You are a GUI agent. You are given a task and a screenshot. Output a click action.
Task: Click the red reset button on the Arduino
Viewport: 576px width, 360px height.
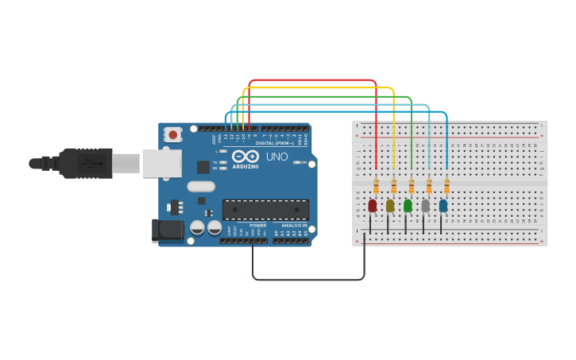tap(173, 135)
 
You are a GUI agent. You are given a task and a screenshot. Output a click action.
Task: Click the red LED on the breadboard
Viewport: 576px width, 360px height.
tap(373, 206)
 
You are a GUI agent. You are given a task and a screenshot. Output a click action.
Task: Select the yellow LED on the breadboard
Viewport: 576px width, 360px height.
tap(390, 206)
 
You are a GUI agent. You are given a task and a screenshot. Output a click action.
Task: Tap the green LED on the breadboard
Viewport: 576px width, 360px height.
tap(408, 206)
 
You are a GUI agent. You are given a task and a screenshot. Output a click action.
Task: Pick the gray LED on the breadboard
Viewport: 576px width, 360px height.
tap(425, 206)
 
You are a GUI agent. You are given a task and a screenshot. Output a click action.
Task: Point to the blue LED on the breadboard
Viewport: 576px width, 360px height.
tap(443, 206)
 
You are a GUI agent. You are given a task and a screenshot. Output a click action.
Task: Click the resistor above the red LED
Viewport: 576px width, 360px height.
tap(376, 187)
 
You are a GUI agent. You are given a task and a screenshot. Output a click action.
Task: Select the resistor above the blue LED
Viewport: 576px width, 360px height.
tap(446, 187)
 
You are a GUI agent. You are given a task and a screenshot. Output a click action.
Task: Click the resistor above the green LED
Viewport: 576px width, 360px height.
tap(412, 187)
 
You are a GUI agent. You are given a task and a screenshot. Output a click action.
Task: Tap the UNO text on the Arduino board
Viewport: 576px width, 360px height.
tap(277, 157)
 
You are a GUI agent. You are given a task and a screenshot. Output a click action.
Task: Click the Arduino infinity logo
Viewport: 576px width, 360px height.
tap(245, 156)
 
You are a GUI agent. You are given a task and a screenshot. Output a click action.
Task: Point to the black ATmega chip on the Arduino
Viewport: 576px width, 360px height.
tap(265, 209)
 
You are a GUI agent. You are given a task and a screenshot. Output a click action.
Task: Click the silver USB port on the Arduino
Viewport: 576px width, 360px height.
tap(162, 163)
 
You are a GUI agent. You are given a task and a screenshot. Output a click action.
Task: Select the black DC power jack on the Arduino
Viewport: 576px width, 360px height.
tap(163, 230)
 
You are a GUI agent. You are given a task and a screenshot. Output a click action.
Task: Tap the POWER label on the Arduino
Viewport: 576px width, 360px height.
tap(258, 225)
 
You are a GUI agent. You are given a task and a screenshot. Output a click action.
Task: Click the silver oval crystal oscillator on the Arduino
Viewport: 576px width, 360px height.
tap(201, 187)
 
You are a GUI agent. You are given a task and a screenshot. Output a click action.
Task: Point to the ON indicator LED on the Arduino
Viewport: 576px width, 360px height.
tap(296, 162)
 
